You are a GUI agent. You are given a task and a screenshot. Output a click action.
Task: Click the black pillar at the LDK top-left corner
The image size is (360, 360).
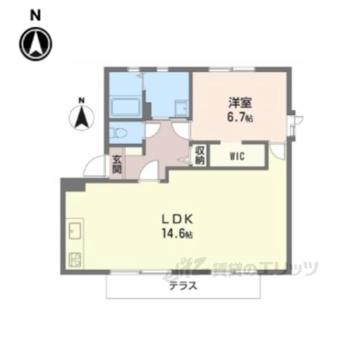[69, 184]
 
